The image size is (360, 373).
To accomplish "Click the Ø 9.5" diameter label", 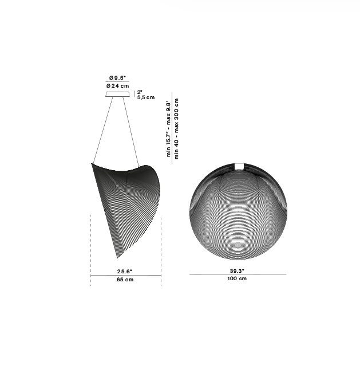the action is pyautogui.click(x=117, y=77).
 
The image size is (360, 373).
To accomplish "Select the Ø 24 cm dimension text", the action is pyautogui.click(x=118, y=85).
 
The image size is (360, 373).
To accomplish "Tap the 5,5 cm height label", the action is pyautogui.click(x=146, y=97).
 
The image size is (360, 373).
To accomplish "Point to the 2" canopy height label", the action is pyautogui.click(x=140, y=92).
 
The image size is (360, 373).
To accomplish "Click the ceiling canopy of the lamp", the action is pyautogui.click(x=118, y=94).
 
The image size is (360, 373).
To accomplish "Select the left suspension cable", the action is pyautogui.click(x=103, y=130).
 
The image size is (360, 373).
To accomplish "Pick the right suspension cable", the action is pyautogui.click(x=130, y=132).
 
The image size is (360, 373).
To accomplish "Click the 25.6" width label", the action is pyautogui.click(x=125, y=271).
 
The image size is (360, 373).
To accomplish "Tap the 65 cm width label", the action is pyautogui.click(x=125, y=280).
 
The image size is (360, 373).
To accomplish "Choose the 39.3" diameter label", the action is pyautogui.click(x=237, y=270).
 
